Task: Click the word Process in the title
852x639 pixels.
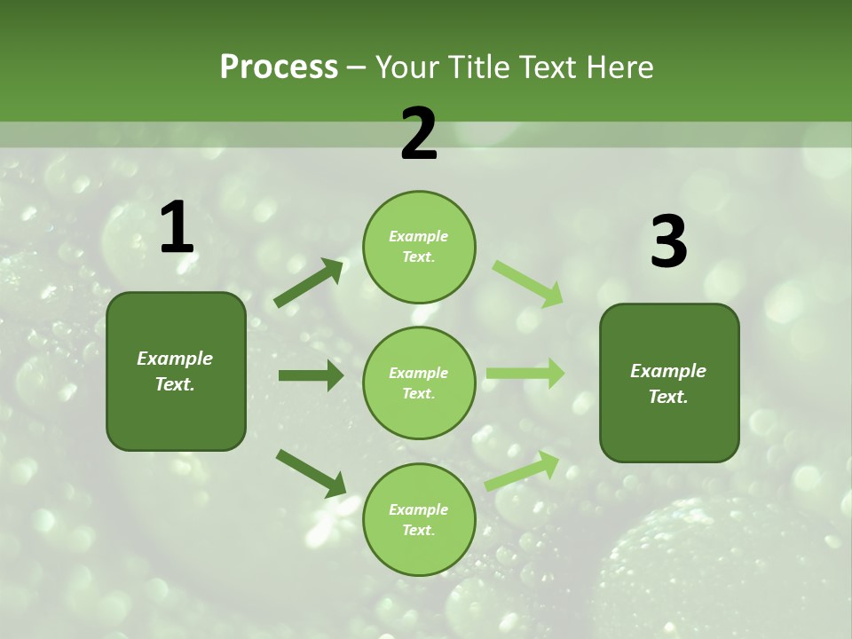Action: [x=279, y=67]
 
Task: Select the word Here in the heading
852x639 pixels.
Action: [x=619, y=67]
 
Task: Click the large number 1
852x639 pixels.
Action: [x=177, y=228]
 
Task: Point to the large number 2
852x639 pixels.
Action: [x=419, y=134]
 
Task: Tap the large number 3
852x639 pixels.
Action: [x=668, y=242]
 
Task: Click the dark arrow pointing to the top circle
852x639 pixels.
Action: [x=309, y=283]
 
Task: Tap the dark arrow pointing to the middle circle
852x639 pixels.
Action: [x=311, y=375]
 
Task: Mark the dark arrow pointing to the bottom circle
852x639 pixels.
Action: [x=311, y=472]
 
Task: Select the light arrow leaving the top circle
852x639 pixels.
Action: [x=527, y=283]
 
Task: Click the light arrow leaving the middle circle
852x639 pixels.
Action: [x=525, y=374]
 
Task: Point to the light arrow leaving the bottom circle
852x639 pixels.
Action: [x=522, y=471]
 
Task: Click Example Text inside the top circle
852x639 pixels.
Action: [x=419, y=247]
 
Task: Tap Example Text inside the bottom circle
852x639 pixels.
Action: [x=419, y=520]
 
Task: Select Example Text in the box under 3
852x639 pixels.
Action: [x=668, y=383]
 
